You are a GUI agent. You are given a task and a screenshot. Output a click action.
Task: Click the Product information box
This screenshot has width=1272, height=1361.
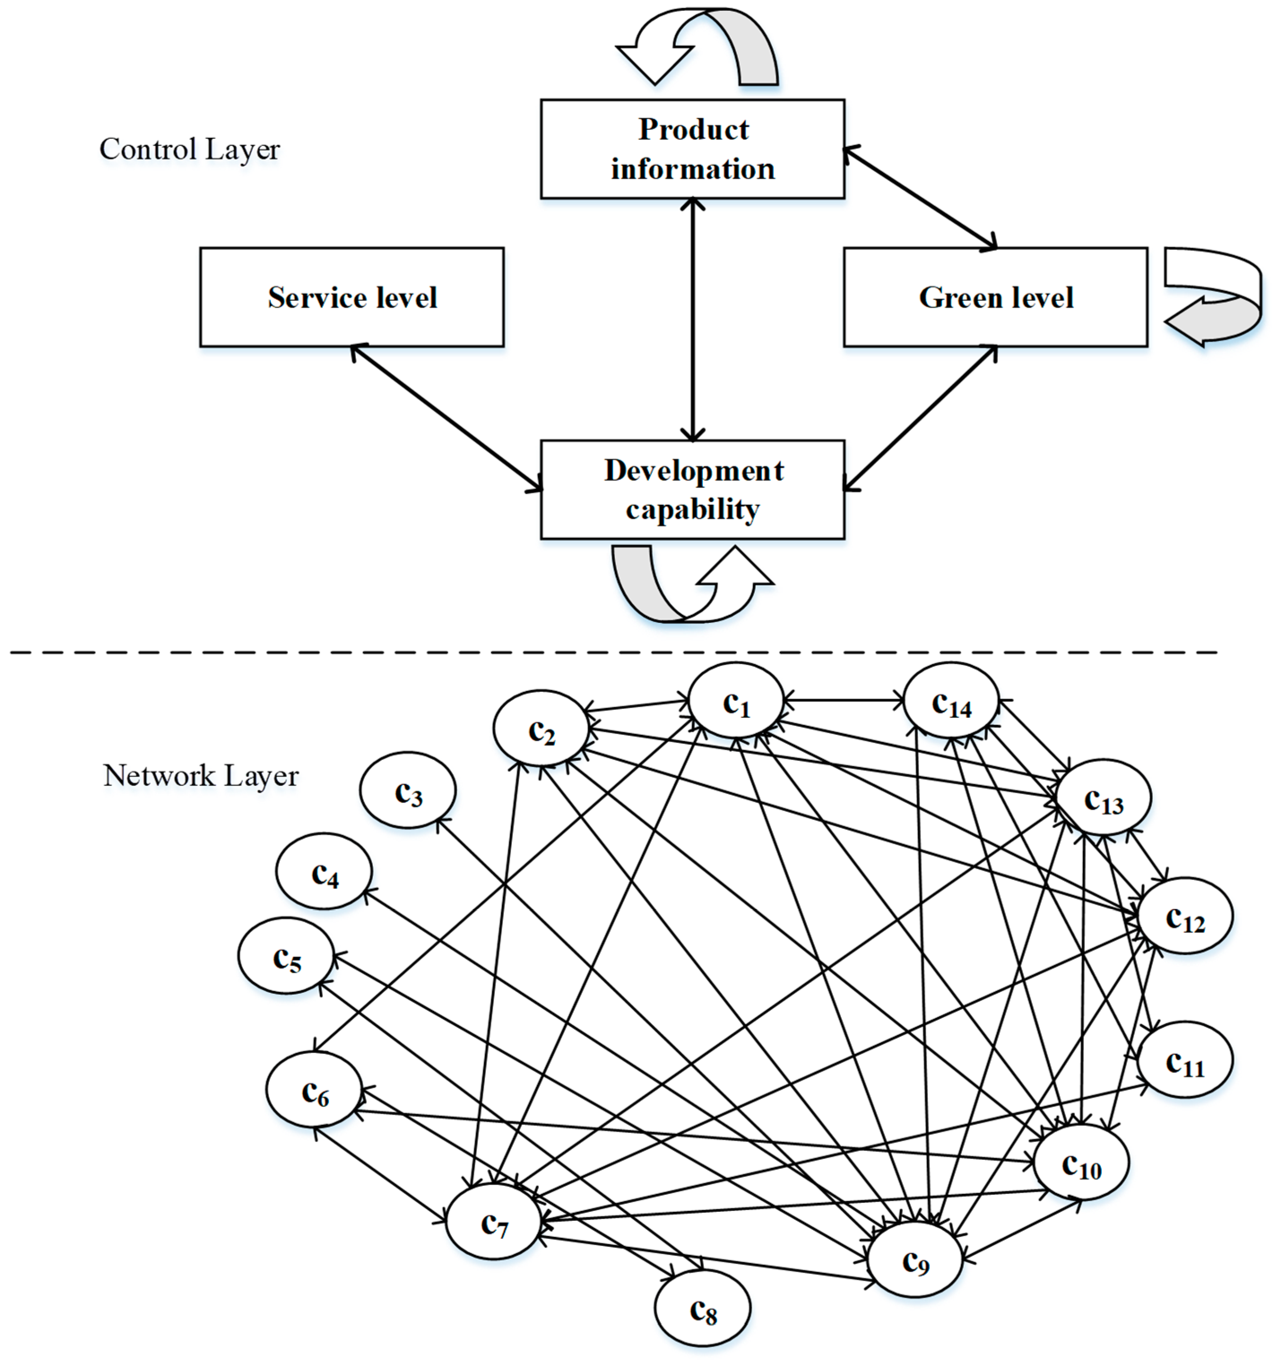tap(692, 149)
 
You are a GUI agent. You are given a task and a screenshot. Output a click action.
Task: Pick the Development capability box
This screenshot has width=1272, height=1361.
tap(692, 489)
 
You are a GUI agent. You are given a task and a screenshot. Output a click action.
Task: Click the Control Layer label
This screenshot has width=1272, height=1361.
tap(189, 149)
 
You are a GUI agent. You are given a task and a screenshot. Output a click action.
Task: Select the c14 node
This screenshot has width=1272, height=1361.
tap(951, 701)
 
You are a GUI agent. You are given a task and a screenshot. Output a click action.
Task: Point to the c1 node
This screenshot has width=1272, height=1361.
tap(736, 701)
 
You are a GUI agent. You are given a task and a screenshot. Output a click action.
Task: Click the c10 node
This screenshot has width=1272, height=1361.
tap(1081, 1163)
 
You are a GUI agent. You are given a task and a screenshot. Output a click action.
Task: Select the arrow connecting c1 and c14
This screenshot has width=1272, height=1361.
tap(843, 700)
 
